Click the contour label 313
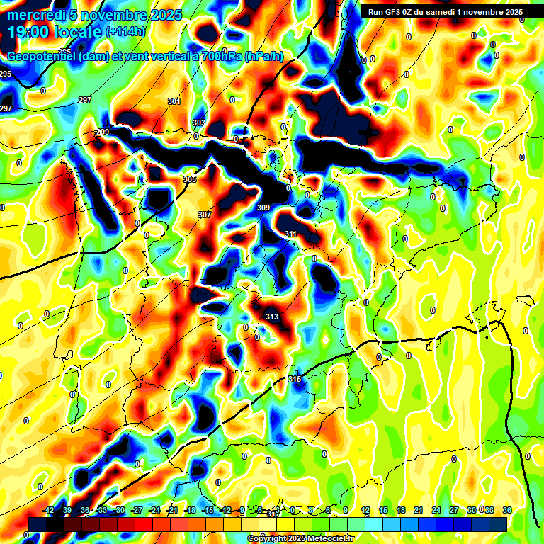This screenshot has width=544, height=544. click(x=271, y=317)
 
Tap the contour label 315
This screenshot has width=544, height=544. click(x=295, y=380)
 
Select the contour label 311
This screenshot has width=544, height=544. click(x=290, y=234)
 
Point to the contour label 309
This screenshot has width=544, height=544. click(x=263, y=208)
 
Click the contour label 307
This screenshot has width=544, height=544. click(x=205, y=215)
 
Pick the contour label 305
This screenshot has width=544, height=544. click(x=190, y=180)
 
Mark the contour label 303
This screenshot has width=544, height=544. click(x=199, y=123)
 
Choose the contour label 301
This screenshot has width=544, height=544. click(x=174, y=102)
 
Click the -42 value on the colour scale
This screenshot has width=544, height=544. click(x=49, y=510)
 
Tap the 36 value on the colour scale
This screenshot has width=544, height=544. click(x=507, y=510)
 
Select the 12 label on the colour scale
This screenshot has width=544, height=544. click(x=365, y=510)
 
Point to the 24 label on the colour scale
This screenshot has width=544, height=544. click(x=436, y=510)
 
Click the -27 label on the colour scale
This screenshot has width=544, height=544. click(x=137, y=510)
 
